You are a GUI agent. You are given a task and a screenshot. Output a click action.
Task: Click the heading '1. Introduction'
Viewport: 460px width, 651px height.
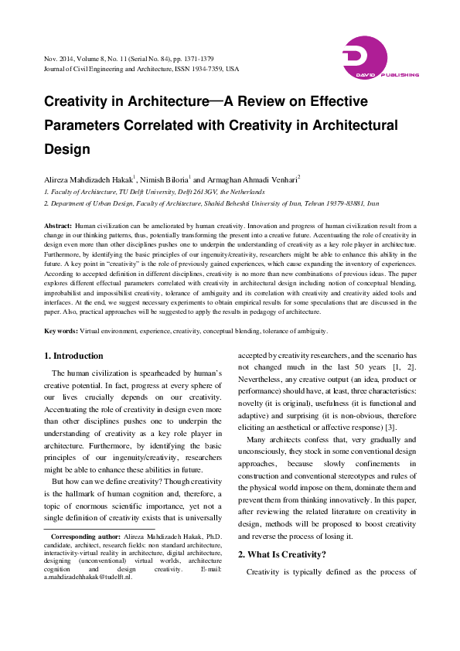[73, 356]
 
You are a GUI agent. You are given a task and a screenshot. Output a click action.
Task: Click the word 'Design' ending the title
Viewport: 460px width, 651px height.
[67, 148]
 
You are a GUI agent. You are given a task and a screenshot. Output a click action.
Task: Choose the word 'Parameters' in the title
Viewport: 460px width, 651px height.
[85, 125]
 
